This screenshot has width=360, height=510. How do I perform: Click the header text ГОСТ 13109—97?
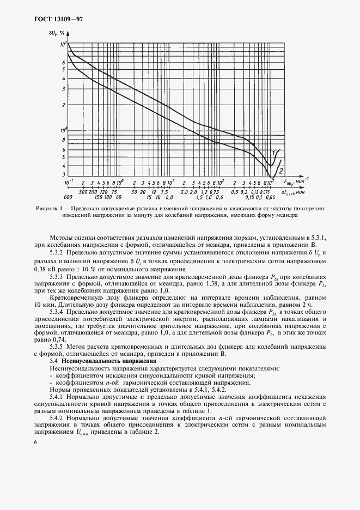[54, 19]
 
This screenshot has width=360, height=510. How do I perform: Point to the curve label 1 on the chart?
[273, 153]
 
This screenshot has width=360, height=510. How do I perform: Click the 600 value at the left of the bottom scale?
[68, 197]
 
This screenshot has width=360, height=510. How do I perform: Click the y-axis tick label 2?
[64, 105]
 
